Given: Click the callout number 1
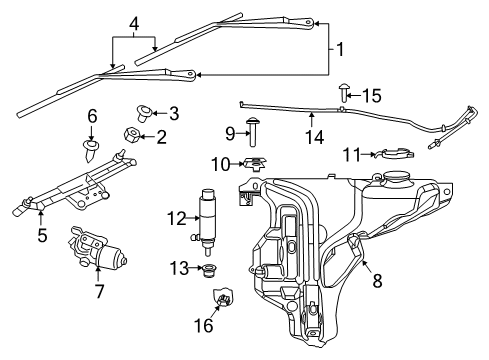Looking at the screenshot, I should (x=342, y=47).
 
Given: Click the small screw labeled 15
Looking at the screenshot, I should (x=343, y=95).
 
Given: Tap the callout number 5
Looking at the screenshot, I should (x=41, y=237).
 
